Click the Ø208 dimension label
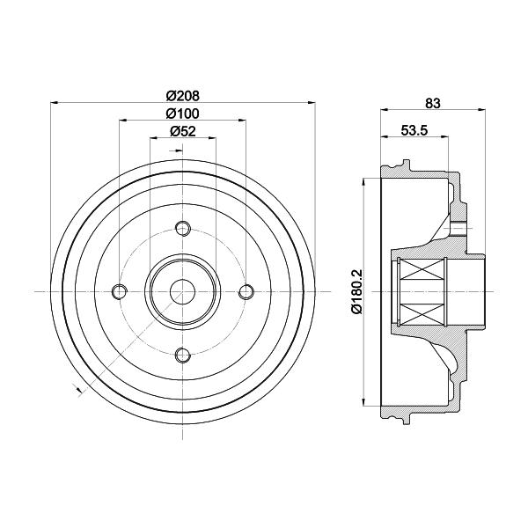coord(183,96)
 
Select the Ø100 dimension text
coord(182,114)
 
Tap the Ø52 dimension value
coord(183,131)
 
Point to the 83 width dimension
coord(433,103)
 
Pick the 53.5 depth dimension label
coord(414,130)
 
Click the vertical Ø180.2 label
coord(357,291)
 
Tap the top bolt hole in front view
coord(183,228)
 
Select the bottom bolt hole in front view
coord(183,355)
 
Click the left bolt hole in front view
coord(120,291)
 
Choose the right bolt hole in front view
coord(246,291)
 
